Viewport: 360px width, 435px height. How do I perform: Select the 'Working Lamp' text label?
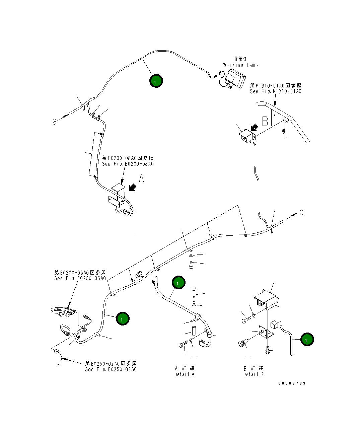pos(240,65)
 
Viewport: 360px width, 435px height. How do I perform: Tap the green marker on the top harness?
pos(156,81)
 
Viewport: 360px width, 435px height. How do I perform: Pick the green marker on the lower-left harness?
pos(122,318)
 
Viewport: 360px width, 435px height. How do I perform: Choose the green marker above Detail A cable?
pos(178,283)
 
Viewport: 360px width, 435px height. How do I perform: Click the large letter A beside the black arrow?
pos(142,179)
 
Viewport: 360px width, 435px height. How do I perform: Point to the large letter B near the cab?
pos(265,121)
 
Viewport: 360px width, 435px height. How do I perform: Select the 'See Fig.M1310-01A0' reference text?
pos(275,91)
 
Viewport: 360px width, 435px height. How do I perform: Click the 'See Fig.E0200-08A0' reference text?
pos(128,164)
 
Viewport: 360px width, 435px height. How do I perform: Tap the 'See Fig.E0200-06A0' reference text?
pos(80,278)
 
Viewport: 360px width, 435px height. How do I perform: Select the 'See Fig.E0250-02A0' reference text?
pos(111,369)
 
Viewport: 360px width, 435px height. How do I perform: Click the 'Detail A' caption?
pos(184,374)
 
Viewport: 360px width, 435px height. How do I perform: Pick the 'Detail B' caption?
pos(253,374)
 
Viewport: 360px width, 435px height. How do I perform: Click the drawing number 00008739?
pos(292,383)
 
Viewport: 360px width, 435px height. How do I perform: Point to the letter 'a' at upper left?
pos(55,122)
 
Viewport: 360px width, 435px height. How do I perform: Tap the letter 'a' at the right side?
pos(301,212)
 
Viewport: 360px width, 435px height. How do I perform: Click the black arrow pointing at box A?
pos(132,188)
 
